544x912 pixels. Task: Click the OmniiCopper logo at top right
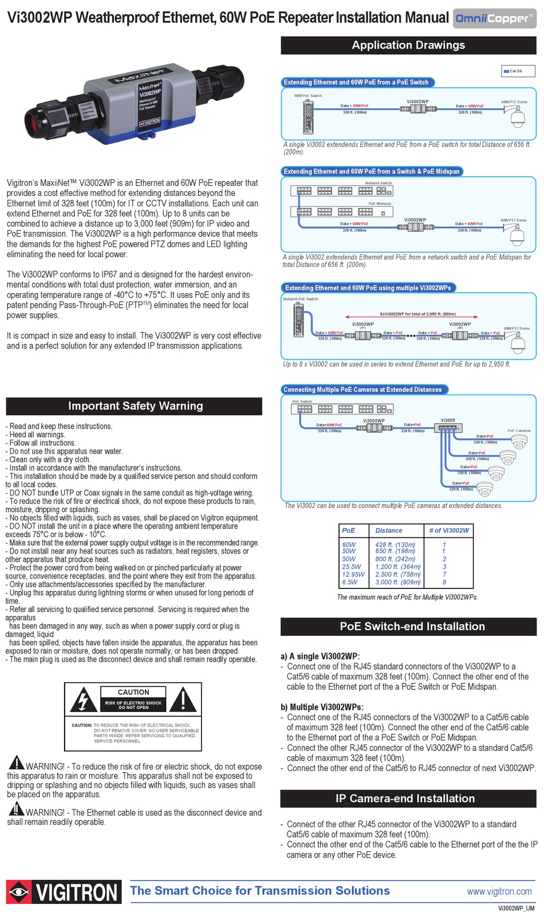(494, 18)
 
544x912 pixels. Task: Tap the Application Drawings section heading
(408, 45)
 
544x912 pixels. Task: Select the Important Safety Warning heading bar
(135, 406)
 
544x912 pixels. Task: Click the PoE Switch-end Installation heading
(412, 627)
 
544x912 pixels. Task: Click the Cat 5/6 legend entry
(513, 71)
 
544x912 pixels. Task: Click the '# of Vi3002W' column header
(449, 530)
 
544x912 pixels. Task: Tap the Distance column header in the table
(388, 530)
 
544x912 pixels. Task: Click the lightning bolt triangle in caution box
(84, 700)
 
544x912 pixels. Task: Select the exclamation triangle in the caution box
(183, 700)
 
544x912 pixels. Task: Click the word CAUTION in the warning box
(133, 692)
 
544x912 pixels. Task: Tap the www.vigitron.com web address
(499, 891)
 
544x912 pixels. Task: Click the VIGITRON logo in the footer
(64, 893)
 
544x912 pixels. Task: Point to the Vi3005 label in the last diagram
(448, 420)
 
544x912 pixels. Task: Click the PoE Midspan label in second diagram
(380, 203)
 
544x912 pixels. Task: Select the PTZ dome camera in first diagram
(517, 119)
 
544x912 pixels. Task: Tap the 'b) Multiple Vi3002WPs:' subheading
(322, 707)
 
